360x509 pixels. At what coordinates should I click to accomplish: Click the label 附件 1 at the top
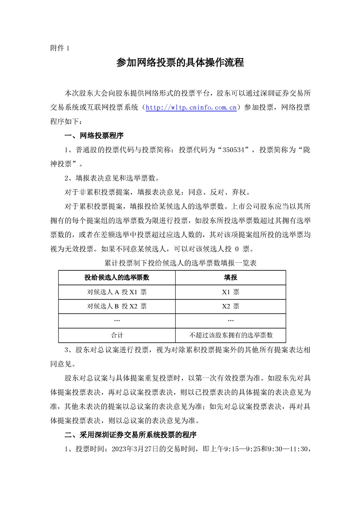click(59, 48)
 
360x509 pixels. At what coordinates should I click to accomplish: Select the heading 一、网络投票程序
click(94, 136)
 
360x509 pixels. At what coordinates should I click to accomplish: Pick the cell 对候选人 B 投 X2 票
click(117, 306)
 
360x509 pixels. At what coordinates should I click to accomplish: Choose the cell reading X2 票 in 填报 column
click(231, 306)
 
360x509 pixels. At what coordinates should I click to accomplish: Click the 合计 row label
click(117, 335)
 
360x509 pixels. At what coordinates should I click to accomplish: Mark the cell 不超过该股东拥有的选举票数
click(231, 335)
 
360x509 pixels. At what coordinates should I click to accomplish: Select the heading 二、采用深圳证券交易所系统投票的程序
click(131, 435)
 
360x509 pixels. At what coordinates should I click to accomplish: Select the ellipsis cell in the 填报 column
click(231, 320)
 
